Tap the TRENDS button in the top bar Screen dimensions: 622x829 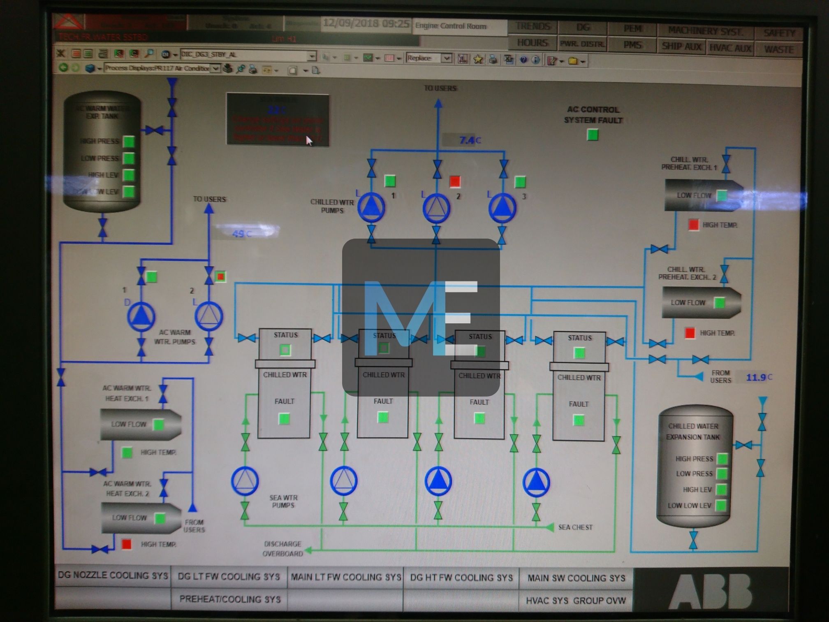[533, 27]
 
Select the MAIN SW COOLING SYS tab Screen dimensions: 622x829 [576, 578]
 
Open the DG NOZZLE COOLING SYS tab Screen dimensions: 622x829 [113, 575]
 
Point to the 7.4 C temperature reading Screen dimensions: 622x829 [469, 140]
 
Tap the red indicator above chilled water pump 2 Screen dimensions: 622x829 [455, 181]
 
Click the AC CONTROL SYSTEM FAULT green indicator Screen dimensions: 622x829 [592, 135]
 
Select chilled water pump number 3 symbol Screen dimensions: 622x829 [502, 207]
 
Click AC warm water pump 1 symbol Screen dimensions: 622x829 [141, 316]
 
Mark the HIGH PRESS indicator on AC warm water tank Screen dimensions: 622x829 [129, 142]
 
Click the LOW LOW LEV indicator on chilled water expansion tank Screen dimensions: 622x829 [721, 506]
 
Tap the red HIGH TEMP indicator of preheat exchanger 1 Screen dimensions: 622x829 [693, 225]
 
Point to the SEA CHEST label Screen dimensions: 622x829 [575, 527]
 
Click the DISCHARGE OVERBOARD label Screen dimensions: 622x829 [283, 549]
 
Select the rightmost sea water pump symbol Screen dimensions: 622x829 [536, 482]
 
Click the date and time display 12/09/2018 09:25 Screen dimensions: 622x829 [366, 23]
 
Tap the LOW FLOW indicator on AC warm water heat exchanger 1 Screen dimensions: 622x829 [158, 425]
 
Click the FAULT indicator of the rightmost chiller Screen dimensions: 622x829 [579, 420]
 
